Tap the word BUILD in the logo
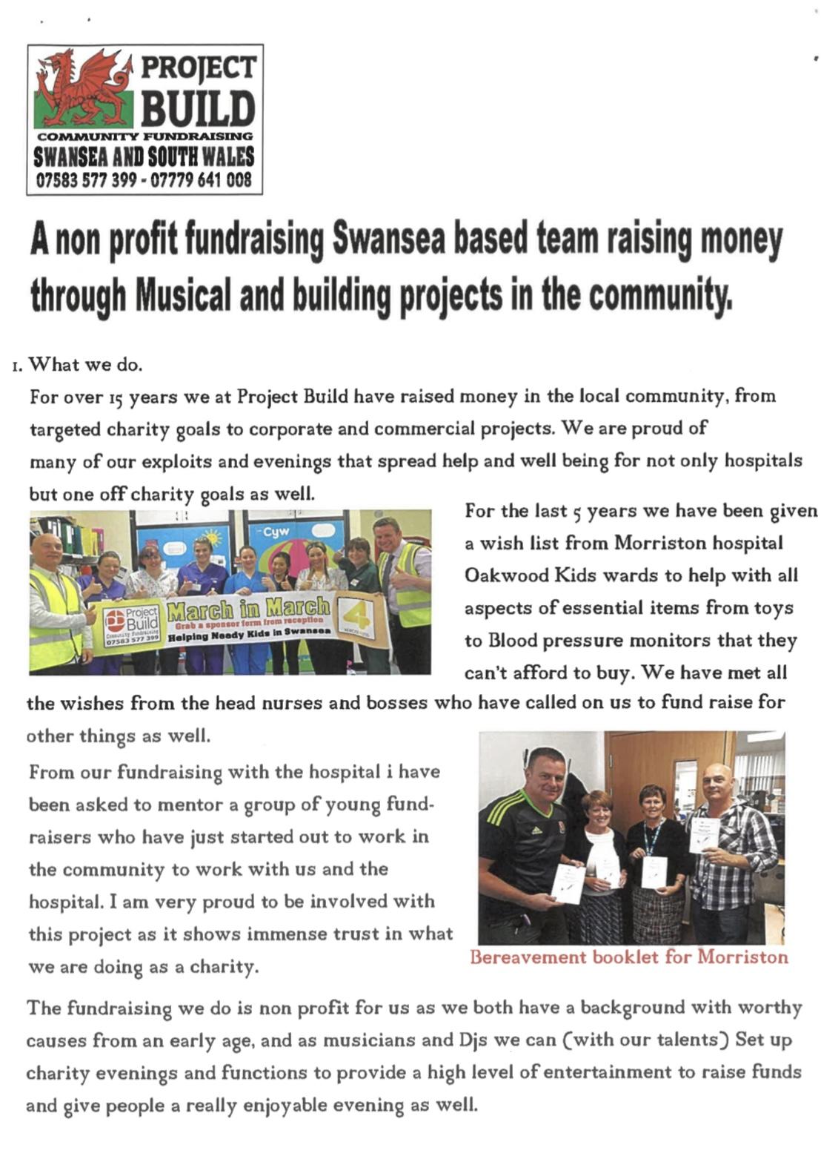point(198,108)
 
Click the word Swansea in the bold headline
point(388,240)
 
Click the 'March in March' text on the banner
point(248,610)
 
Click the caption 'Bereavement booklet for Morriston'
point(628,957)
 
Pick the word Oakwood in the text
point(500,576)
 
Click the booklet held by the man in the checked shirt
point(704,836)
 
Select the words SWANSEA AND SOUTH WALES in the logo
point(144,157)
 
